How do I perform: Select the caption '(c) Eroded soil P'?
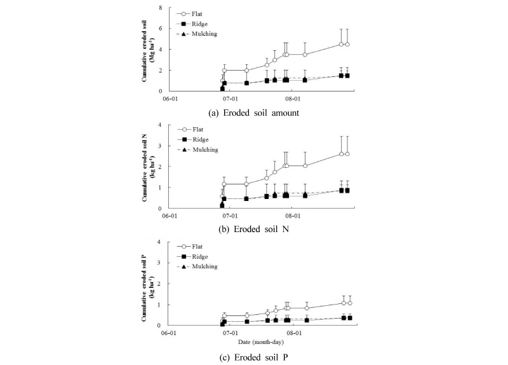pyautogui.click(x=254, y=355)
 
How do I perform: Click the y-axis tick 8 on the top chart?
pyautogui.click(x=161, y=8)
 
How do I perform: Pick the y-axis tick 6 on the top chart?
pyautogui.click(x=161, y=29)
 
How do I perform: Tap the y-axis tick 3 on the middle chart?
pyautogui.click(x=161, y=146)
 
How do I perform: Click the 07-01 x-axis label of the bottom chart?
pyautogui.click(x=230, y=333)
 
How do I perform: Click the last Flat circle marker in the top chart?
pyautogui.click(x=347, y=44)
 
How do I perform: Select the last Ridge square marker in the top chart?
pyautogui.click(x=347, y=75)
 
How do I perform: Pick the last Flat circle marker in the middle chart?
pyautogui.click(x=347, y=154)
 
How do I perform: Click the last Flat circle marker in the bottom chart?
pyautogui.click(x=349, y=303)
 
